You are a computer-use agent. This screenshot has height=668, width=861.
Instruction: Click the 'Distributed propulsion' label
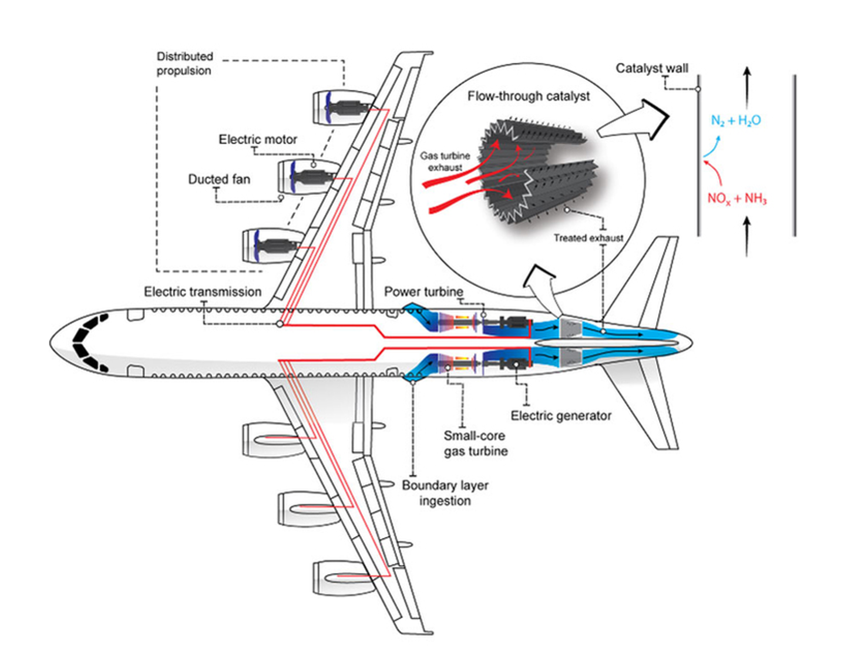click(184, 63)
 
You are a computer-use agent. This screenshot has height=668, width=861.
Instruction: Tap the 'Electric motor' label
click(258, 139)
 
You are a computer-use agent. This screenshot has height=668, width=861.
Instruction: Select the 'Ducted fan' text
click(219, 179)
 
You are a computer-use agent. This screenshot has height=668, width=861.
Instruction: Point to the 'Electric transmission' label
click(203, 291)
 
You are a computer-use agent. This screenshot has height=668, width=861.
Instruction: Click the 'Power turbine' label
click(423, 291)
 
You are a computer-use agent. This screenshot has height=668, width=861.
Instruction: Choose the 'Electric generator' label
click(561, 416)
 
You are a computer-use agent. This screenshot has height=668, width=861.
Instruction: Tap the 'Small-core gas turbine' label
click(476, 444)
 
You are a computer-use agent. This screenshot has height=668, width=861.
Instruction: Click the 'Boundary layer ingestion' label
click(445, 493)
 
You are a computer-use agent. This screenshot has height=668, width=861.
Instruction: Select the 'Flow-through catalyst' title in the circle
click(529, 96)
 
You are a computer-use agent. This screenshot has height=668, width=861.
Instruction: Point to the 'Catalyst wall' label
click(652, 68)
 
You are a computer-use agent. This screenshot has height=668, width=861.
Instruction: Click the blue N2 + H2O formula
click(735, 120)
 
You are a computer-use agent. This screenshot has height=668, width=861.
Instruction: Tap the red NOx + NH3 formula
click(737, 199)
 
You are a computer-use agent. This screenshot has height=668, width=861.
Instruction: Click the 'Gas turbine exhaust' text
click(445, 162)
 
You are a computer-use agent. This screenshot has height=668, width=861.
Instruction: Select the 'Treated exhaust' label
click(588, 238)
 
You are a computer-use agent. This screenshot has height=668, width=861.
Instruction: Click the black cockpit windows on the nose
click(88, 343)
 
